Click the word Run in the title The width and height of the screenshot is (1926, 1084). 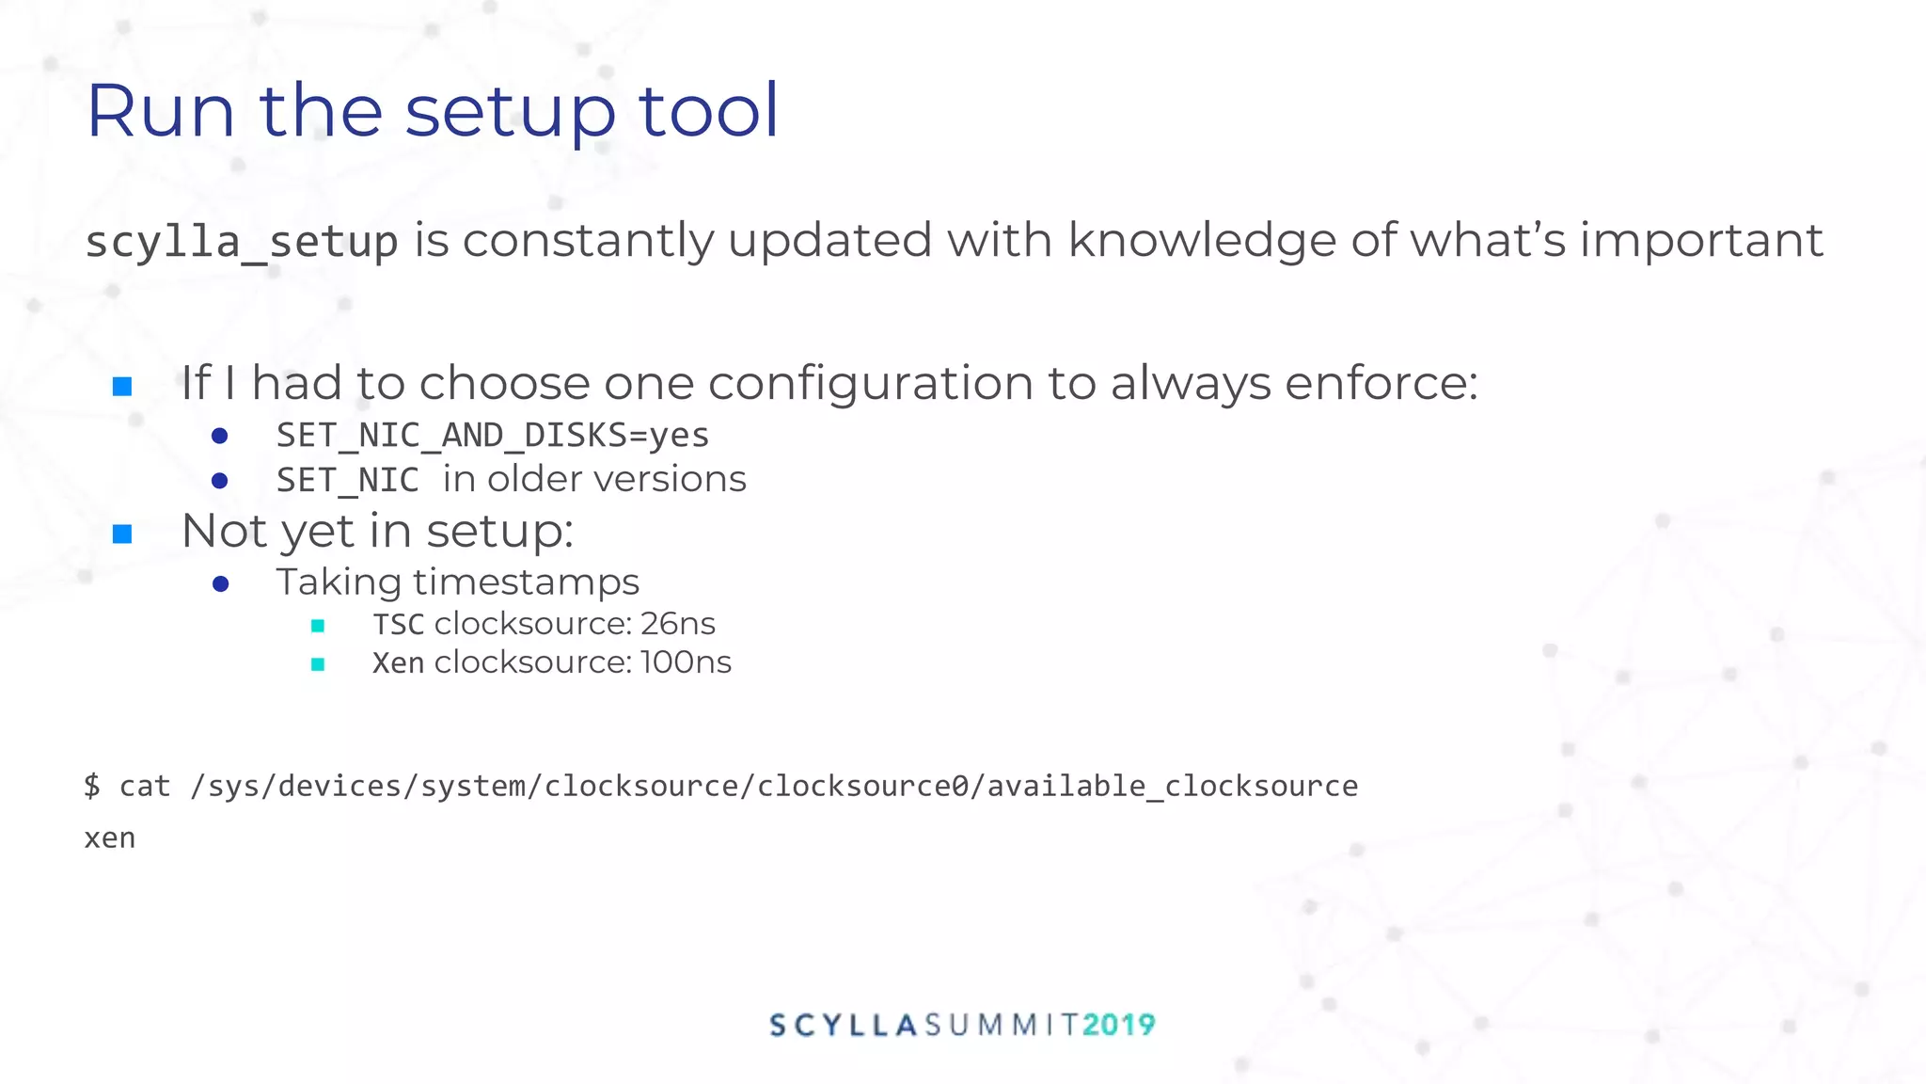160,111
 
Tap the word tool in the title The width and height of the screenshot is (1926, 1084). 708,111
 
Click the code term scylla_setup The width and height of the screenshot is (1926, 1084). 242,242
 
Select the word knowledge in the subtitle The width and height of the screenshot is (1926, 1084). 1201,241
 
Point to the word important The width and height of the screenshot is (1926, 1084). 1700,240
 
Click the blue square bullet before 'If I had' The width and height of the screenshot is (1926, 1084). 122,387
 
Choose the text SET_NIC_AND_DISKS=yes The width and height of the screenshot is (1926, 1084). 492,435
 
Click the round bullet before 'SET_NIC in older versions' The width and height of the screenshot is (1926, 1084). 220,481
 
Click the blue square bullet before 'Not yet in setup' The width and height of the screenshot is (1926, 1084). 122,534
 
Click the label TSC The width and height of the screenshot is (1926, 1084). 398,625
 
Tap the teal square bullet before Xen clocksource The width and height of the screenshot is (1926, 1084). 318,664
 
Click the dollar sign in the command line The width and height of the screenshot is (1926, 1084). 92,786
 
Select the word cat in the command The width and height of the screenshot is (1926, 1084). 145,786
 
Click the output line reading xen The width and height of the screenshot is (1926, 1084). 110,838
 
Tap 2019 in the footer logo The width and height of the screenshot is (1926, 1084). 1118,1025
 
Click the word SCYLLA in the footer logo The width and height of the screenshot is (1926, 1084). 843,1025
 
